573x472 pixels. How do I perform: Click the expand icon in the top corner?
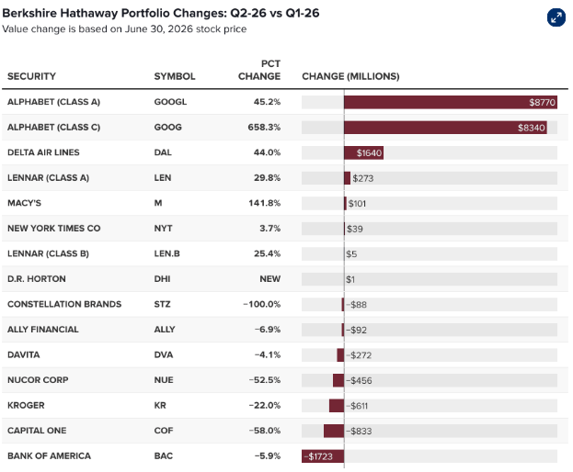click(556, 17)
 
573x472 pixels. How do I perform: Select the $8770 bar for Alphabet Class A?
click(451, 102)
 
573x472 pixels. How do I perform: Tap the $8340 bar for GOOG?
click(445, 128)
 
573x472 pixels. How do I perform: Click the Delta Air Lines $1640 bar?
click(363, 152)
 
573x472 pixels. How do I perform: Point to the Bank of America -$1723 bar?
click(323, 456)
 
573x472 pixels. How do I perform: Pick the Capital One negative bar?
click(334, 431)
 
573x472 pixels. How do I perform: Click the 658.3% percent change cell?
click(264, 128)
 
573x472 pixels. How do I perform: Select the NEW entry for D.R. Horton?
click(270, 279)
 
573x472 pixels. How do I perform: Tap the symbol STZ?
click(162, 304)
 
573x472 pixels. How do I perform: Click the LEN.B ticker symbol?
click(167, 253)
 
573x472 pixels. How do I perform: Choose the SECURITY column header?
click(32, 76)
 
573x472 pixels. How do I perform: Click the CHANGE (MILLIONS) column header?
click(350, 76)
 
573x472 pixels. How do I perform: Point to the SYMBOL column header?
click(175, 76)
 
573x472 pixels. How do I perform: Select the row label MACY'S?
click(25, 203)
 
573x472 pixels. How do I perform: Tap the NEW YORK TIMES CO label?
click(53, 229)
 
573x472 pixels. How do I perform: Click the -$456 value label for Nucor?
click(359, 380)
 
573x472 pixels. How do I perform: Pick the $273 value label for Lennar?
click(363, 178)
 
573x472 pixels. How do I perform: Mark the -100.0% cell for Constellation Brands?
click(262, 304)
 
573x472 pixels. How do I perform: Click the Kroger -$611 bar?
click(337, 406)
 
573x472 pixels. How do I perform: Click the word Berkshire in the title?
click(29, 13)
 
